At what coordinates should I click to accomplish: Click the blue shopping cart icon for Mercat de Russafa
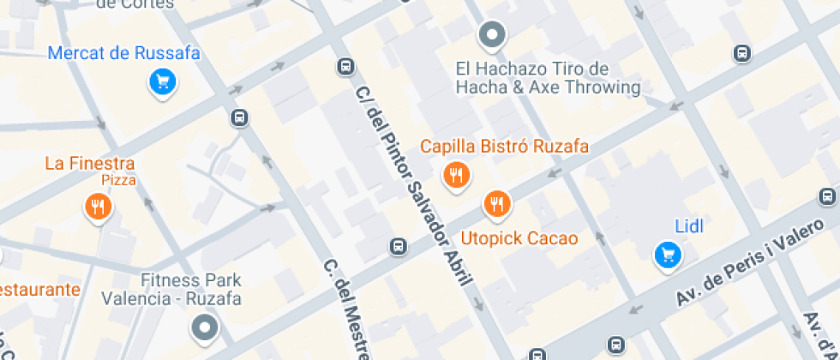(x=162, y=82)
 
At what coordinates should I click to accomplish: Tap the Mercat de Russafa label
(x=124, y=53)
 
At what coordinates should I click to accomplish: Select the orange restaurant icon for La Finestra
(x=99, y=207)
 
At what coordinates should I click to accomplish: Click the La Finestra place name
(x=90, y=163)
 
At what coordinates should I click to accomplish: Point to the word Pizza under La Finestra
(x=119, y=180)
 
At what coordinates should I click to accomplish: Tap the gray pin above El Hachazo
(x=492, y=35)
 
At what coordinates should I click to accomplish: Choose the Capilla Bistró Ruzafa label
(x=504, y=147)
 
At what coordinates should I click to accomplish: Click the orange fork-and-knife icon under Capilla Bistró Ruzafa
(x=456, y=176)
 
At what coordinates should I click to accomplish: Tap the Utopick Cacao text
(x=519, y=237)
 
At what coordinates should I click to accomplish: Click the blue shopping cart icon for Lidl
(x=668, y=255)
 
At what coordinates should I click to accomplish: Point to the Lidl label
(x=689, y=226)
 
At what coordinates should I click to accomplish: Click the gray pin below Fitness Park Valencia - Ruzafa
(x=205, y=327)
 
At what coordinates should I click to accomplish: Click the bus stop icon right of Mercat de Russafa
(x=240, y=118)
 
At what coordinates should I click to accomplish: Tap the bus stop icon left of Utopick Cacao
(x=398, y=247)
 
